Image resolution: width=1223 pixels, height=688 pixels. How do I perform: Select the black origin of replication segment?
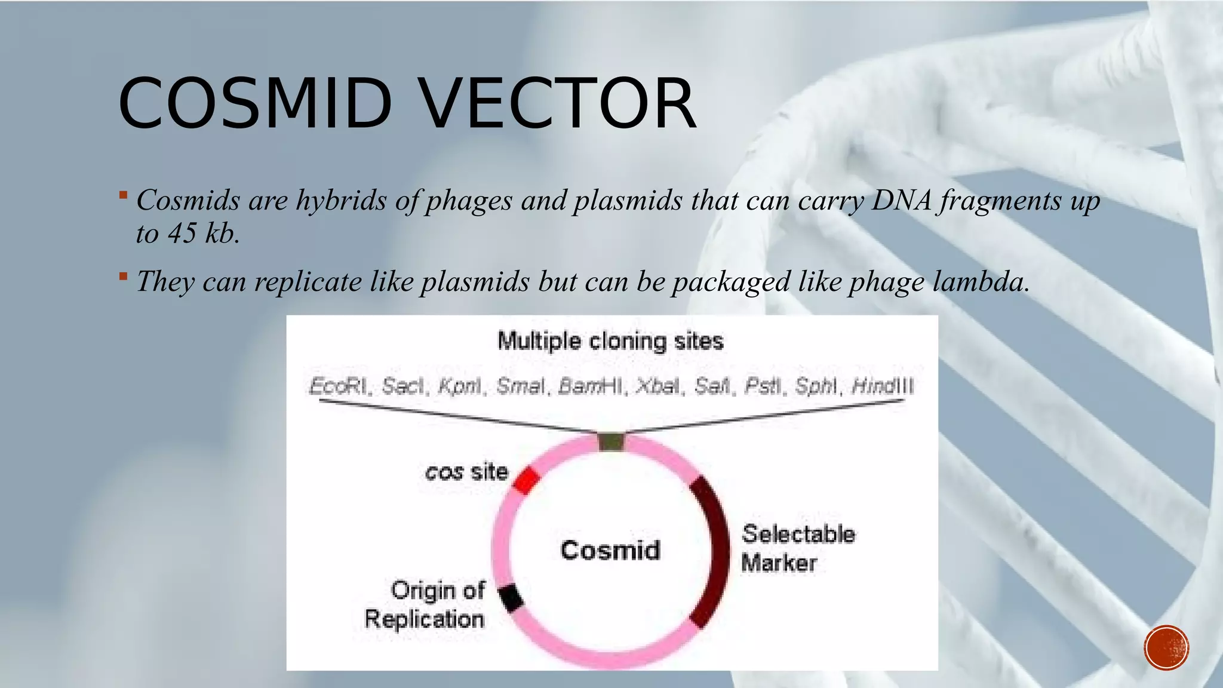pos(511,598)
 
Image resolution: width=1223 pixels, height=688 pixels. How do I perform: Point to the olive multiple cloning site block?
pos(611,442)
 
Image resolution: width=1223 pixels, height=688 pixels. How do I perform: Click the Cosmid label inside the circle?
pos(610,550)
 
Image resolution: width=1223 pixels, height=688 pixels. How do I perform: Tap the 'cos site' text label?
pos(466,472)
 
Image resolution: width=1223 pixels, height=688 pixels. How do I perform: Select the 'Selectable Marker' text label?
pos(797,548)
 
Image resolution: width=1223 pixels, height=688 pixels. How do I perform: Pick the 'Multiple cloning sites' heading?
pos(610,341)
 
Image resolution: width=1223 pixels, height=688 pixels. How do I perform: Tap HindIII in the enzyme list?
pos(883,386)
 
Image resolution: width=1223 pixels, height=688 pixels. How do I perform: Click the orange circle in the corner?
pos(1166,647)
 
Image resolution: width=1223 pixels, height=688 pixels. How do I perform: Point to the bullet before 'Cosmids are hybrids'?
pos(123,195)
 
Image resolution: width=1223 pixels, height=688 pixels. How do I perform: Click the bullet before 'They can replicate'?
pos(123,276)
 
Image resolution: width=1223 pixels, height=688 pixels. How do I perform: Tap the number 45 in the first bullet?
pos(182,233)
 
